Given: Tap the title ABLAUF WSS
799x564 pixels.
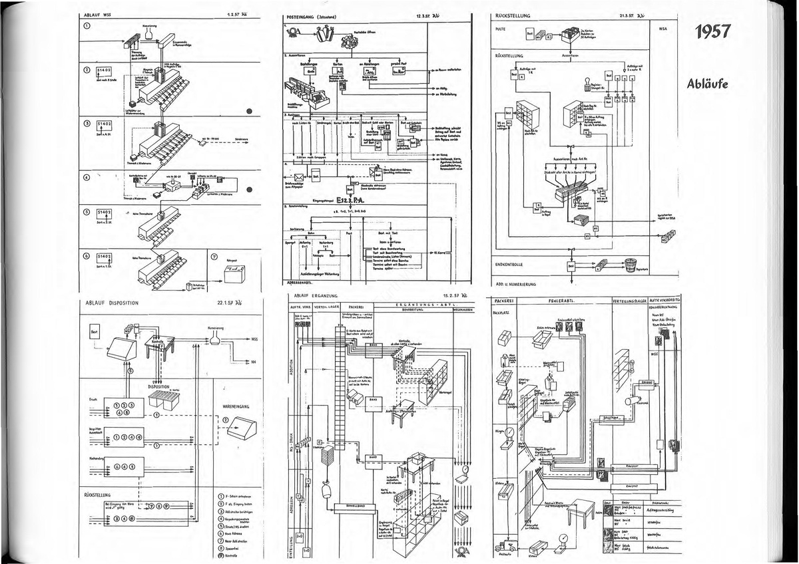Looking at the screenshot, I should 97,15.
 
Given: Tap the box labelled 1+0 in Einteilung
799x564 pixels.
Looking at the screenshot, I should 300,535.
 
